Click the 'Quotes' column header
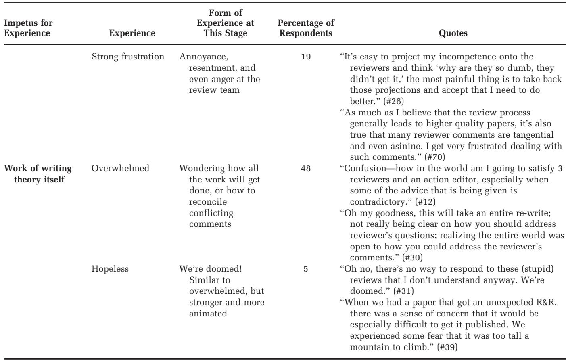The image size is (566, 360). coord(453,33)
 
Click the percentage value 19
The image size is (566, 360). coord(306,57)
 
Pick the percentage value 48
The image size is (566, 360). coord(306,168)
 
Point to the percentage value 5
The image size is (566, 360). coord(306,268)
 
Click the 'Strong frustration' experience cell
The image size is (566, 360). coord(128,57)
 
